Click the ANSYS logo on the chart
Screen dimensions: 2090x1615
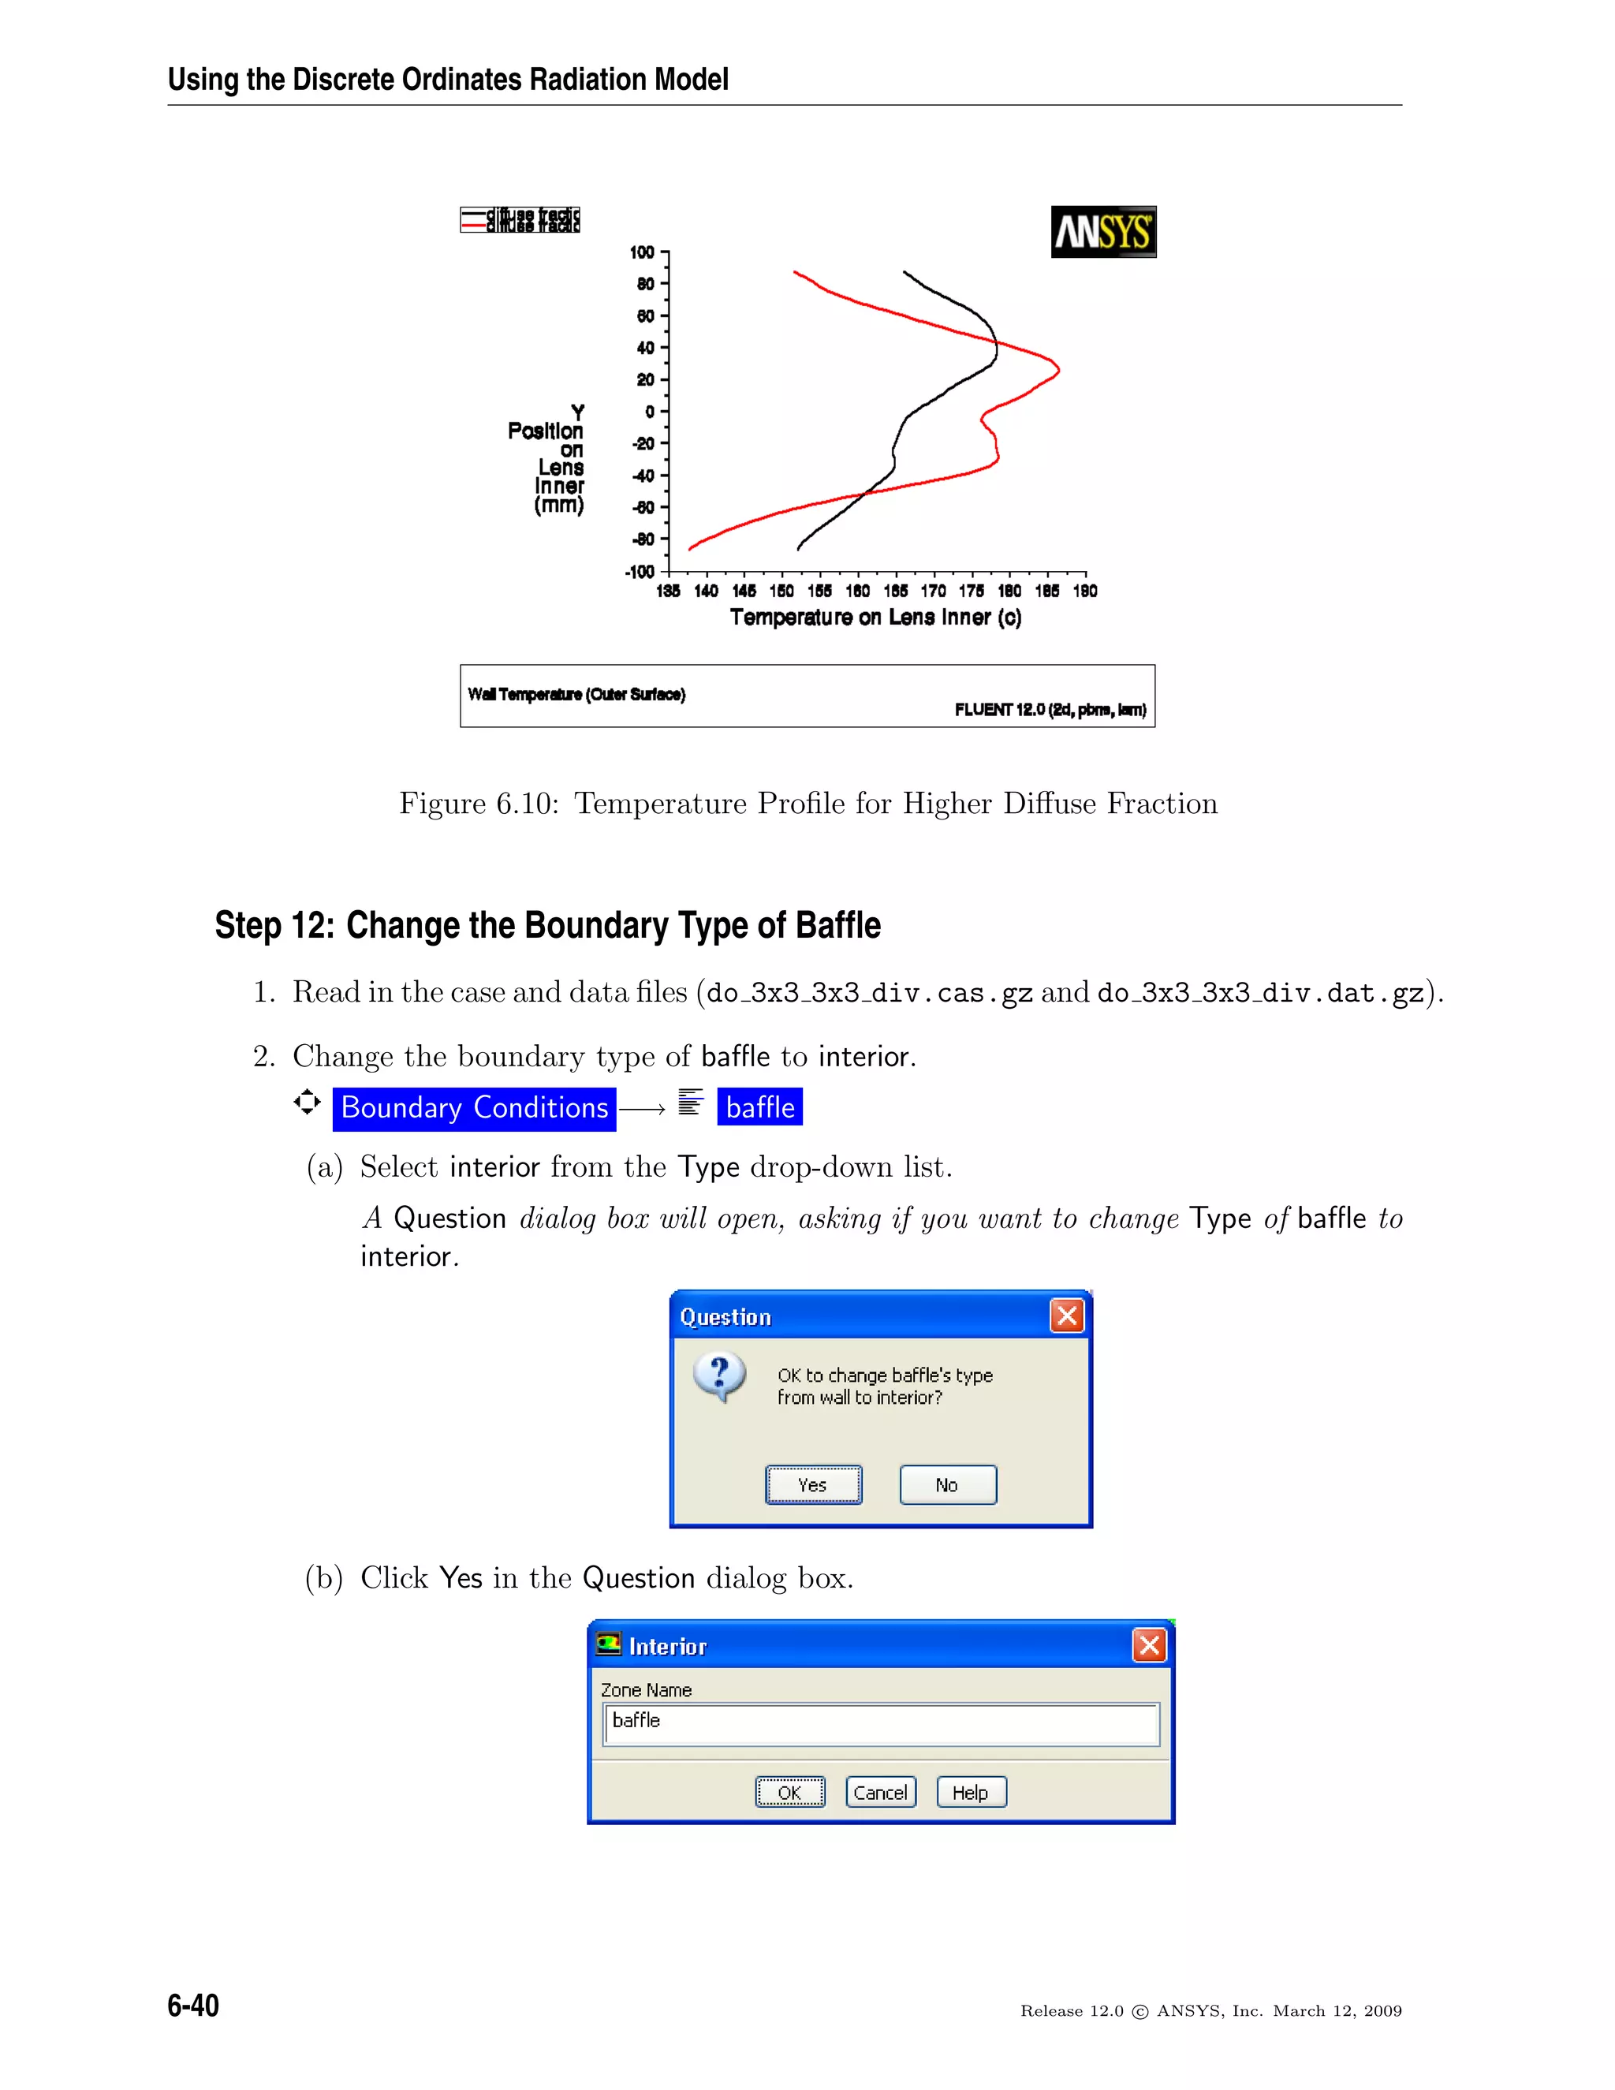tap(1103, 232)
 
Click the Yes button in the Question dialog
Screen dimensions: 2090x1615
tap(813, 1484)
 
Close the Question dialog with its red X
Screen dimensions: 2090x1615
tap(1067, 1316)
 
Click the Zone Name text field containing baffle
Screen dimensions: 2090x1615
tap(880, 1723)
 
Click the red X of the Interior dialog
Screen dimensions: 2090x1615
tap(1149, 1645)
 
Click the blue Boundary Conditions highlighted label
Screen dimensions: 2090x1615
tap(474, 1108)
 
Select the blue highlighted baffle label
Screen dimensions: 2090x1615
tap(759, 1108)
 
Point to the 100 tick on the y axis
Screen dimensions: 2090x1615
tap(642, 252)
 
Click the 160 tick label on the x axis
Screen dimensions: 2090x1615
tap(857, 592)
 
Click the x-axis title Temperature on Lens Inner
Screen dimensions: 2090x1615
tap(875, 618)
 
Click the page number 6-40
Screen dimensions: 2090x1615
tap(193, 2005)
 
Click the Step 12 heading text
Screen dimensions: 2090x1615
tap(547, 925)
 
